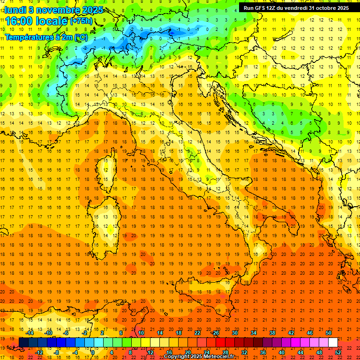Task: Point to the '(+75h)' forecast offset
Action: (x=81, y=21)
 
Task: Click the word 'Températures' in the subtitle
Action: (x=30, y=37)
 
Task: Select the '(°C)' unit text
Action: (x=80, y=37)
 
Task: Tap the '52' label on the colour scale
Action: (x=338, y=352)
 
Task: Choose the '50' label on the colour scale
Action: (x=329, y=333)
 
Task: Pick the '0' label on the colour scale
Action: (x=93, y=352)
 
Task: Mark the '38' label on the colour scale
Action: (x=272, y=333)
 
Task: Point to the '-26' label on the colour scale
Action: (x=215, y=333)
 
